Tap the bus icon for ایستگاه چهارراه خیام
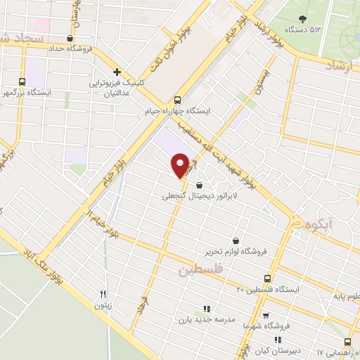pos(178,99)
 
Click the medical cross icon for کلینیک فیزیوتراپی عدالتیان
pos(117,72)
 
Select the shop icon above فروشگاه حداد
pos(69,39)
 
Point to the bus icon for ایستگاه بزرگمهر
pos(22,82)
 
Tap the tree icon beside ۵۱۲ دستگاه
pos(303,19)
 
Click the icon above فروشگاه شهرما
pos(265,316)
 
